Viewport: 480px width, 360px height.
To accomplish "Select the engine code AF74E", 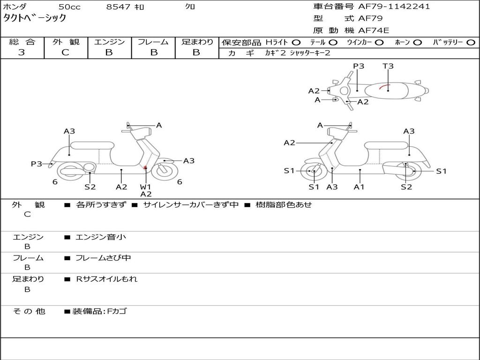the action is (x=374, y=31).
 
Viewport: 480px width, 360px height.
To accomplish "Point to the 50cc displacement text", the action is (x=69, y=7).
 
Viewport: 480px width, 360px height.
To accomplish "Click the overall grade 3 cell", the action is (x=22, y=52).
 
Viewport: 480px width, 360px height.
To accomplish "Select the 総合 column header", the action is (x=22, y=42).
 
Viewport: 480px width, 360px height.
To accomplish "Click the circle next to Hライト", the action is (x=296, y=43).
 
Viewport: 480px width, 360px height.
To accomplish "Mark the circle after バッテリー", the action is (x=471, y=43).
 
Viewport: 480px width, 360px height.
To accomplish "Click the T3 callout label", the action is (x=388, y=66).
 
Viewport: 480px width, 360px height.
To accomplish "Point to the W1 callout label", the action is (x=146, y=187).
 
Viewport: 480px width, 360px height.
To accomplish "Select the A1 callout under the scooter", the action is (x=360, y=187).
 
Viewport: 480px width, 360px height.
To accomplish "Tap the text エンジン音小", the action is (x=101, y=237).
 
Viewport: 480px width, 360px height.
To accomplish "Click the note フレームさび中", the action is (x=103, y=258).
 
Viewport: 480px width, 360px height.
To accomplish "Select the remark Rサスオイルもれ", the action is (x=107, y=279).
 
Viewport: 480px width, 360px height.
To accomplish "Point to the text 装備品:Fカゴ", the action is (x=99, y=311).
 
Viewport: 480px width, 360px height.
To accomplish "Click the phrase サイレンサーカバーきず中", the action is (x=191, y=205).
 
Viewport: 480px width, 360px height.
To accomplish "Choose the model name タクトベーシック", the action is (x=35, y=18).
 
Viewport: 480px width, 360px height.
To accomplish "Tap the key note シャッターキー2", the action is (x=310, y=53).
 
